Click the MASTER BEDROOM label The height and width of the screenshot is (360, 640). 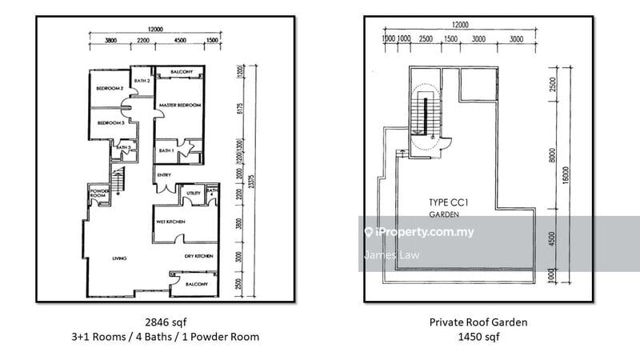[x=178, y=105]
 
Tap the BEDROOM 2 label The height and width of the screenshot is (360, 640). [x=110, y=88]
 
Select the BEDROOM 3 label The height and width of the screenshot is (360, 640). [x=110, y=123]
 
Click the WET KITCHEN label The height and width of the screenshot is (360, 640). [x=172, y=220]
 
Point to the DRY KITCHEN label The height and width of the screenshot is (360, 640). [x=198, y=256]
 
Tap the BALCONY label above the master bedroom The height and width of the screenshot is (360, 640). [x=180, y=73]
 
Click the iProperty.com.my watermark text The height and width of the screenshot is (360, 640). [x=424, y=233]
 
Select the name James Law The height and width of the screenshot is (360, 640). [x=386, y=256]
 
